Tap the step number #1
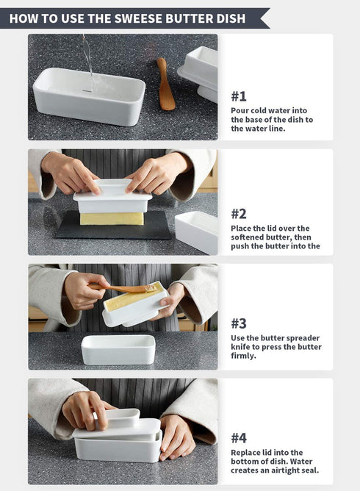pos(239,96)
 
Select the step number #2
pos(239,214)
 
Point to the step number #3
pos(239,323)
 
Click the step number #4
pos(239,438)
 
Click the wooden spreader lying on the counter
pos(165,84)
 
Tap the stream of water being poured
pos(88,60)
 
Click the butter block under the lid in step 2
pos(112,218)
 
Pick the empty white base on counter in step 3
pos(118,349)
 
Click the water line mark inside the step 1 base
pos(87,91)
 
